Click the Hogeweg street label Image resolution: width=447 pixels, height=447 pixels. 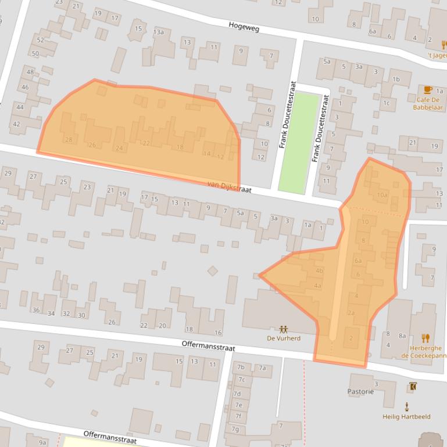coord(244,26)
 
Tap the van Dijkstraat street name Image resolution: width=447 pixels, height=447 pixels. coord(229,186)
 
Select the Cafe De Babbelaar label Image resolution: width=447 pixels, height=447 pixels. coord(428,103)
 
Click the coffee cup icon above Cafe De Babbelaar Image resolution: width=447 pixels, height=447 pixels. coord(428,89)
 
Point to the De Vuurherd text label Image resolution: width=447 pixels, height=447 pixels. coord(284,338)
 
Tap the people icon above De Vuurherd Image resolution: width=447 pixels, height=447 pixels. coord(284,329)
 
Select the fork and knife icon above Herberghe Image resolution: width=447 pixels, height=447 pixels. coord(426,338)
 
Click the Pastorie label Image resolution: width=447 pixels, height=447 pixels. coord(360,392)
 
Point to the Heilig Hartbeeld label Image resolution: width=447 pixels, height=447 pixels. coord(406,416)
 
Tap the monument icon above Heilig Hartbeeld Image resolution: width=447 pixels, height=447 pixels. coord(406,406)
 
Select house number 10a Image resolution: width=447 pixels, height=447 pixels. coord(382,195)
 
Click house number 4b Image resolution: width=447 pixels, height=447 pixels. coord(319,271)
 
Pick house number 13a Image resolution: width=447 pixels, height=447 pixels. coord(159,32)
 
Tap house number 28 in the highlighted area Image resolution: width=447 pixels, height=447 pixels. coord(69,140)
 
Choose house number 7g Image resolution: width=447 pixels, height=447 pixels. coord(235,429)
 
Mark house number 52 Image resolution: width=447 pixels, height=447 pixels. coord(40,40)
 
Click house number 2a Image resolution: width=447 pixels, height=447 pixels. coord(351,313)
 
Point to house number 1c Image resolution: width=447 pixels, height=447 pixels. coord(385,103)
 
